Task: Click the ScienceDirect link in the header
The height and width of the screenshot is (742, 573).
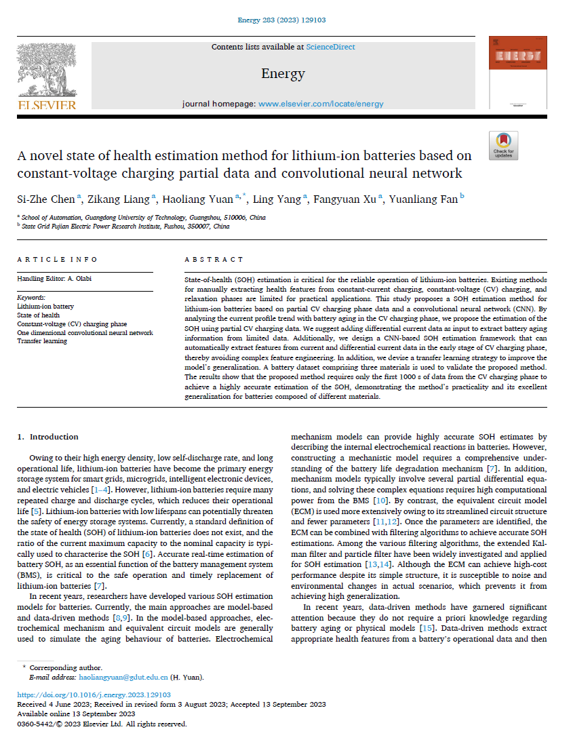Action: (330, 47)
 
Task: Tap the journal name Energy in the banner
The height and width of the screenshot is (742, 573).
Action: (283, 73)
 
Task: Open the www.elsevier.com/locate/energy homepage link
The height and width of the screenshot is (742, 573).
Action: (321, 104)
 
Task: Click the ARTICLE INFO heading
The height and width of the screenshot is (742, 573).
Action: (57, 260)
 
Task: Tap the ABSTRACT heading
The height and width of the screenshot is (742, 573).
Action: (214, 260)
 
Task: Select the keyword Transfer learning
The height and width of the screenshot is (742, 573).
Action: (42, 341)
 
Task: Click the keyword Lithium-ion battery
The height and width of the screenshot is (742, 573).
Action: (45, 307)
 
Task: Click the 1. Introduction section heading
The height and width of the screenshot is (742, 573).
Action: (47, 437)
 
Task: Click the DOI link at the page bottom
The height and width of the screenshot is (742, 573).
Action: (94, 695)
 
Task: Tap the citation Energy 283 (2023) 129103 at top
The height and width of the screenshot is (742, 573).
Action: (286, 20)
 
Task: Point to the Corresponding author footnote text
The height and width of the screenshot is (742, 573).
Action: (66, 668)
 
